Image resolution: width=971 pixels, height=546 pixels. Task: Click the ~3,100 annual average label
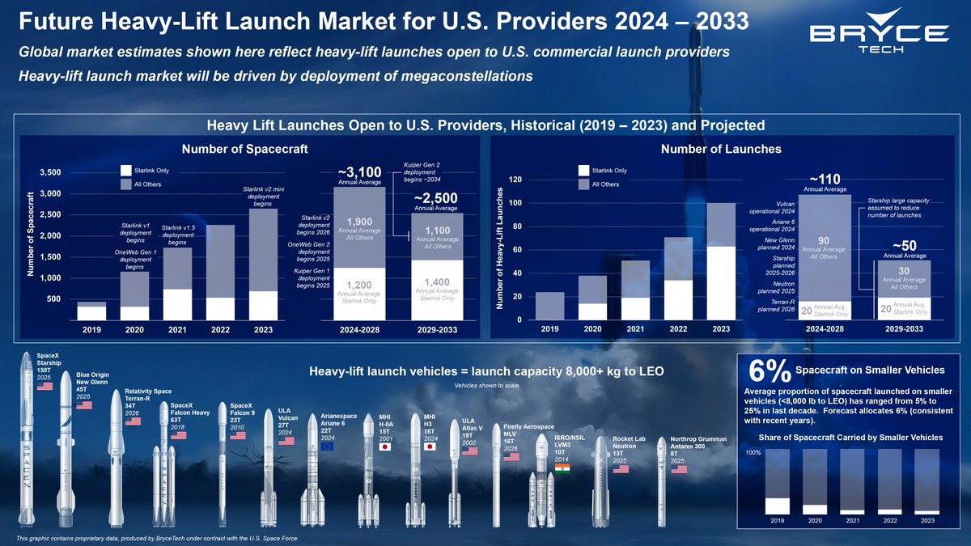(x=358, y=172)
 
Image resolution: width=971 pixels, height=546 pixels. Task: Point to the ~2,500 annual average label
(x=436, y=198)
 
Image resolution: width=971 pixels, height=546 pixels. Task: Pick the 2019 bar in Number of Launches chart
(x=549, y=306)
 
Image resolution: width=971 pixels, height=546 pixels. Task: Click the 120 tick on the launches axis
(x=514, y=180)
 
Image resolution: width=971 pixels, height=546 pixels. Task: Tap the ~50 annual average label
(x=903, y=246)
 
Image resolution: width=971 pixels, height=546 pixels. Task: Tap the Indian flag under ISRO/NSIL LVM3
(x=562, y=469)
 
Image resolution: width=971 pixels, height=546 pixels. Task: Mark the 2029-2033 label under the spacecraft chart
(x=437, y=330)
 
